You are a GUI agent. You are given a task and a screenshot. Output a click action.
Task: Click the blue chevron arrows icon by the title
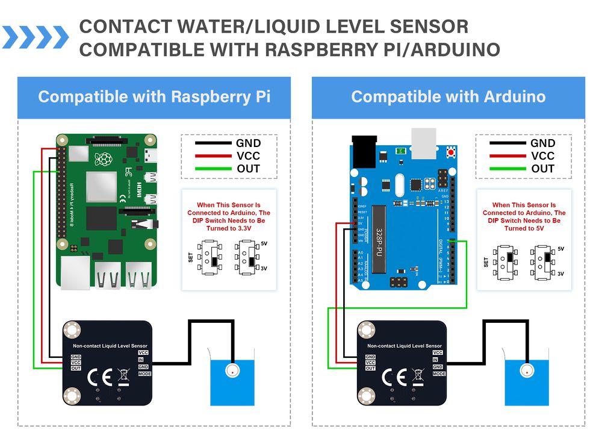tap(36, 37)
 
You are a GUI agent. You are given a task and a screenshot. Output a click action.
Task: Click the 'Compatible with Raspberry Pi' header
tap(154, 96)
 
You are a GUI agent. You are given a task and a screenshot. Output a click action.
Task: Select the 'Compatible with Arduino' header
tap(448, 96)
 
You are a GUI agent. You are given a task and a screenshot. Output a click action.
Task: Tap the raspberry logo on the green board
tap(105, 160)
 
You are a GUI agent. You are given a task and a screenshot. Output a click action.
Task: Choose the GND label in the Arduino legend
tap(542, 143)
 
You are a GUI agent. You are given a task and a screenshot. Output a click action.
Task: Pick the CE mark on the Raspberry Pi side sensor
tap(98, 378)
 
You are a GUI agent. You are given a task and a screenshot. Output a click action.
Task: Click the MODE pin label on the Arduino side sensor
tap(439, 374)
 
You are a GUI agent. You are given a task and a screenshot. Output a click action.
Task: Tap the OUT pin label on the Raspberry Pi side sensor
tap(76, 368)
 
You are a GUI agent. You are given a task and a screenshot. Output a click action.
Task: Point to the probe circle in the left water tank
tap(232, 371)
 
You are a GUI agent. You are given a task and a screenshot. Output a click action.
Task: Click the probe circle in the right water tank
tap(527, 371)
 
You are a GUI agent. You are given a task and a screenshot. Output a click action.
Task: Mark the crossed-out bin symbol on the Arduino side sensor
tap(417, 377)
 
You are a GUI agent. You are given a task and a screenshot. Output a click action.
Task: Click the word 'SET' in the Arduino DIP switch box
tap(486, 263)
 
